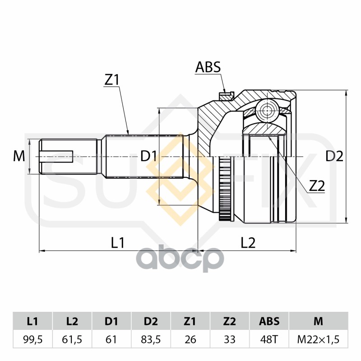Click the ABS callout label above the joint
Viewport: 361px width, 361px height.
(208, 67)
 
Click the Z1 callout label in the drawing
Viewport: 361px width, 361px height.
(111, 80)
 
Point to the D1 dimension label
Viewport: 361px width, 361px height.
(148, 157)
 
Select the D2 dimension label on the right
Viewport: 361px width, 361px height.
(334, 157)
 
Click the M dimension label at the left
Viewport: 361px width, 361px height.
(19, 157)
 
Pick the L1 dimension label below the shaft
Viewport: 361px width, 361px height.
(118, 242)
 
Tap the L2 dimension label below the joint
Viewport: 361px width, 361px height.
(248, 242)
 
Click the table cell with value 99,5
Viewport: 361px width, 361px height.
(32, 339)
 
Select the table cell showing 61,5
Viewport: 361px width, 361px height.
(72, 339)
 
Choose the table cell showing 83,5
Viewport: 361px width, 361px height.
(151, 339)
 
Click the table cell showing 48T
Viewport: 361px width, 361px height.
(269, 339)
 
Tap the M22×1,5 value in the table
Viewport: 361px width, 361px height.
(318, 339)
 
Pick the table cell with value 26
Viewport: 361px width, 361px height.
(190, 339)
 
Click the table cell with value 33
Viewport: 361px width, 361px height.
(230, 339)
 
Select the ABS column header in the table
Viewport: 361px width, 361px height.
(269, 321)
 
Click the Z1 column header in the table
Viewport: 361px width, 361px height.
(190, 321)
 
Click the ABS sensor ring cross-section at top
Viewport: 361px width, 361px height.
(226, 96)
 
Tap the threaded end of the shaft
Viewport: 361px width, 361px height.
(68, 157)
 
